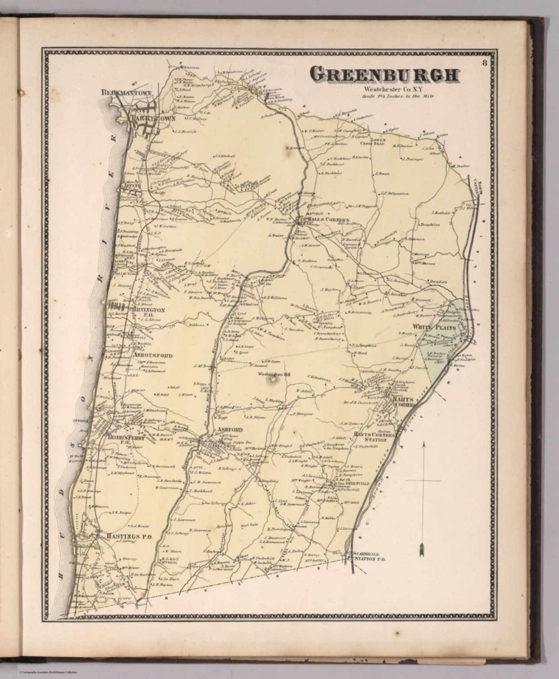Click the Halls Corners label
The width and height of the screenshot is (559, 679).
[326, 220]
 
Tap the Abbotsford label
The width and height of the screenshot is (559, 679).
[152, 355]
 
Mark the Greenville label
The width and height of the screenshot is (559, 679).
[359, 484]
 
